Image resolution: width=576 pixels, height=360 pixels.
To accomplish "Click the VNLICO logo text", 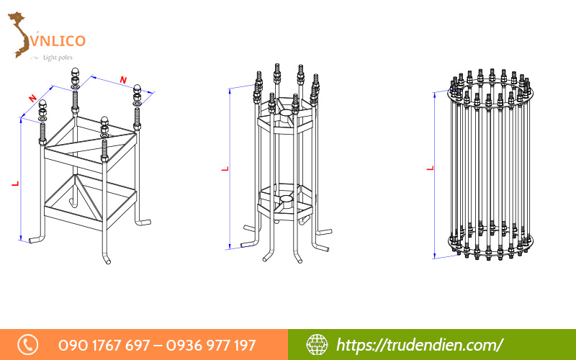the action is (x=58, y=40).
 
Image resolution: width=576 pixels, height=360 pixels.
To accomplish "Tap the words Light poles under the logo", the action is (x=58, y=58).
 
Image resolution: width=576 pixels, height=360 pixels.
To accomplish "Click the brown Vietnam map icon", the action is (x=20, y=34).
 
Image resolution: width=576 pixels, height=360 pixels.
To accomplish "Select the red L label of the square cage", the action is (x=15, y=183).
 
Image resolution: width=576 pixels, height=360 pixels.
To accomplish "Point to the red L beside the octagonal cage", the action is (x=225, y=169).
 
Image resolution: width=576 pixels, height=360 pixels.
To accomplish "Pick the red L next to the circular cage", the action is (x=430, y=168).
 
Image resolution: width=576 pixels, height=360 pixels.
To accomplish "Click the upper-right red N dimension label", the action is (x=124, y=80).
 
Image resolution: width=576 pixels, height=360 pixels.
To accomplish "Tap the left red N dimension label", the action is (x=32, y=98).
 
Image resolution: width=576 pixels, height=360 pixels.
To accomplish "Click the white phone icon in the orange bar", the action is (x=28, y=345).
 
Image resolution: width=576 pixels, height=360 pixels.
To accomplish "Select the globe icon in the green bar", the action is (x=317, y=345).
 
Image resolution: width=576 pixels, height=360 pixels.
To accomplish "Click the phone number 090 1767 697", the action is (x=104, y=346).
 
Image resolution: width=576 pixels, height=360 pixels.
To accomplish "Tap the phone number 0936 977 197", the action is (x=210, y=346).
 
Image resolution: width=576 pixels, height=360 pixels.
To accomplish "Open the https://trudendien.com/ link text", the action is (x=420, y=345).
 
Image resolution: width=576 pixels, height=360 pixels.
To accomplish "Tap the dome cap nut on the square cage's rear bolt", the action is (x=76, y=71).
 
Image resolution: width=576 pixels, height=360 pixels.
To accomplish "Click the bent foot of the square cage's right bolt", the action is (x=143, y=222).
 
